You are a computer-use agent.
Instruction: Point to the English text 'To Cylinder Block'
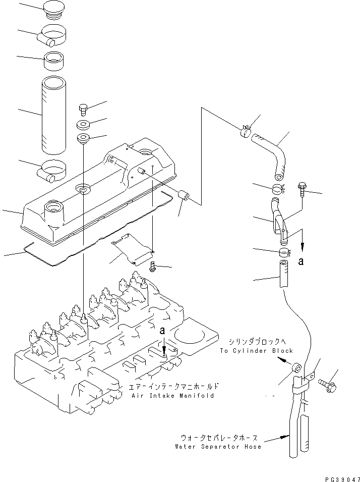(256, 350)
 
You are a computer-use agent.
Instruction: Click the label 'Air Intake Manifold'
(172, 396)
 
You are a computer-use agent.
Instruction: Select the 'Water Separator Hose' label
(218, 447)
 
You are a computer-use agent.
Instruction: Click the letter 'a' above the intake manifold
(162, 331)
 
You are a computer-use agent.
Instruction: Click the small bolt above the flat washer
(83, 109)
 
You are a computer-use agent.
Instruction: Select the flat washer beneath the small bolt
(83, 124)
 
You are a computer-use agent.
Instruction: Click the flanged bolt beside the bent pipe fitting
(302, 189)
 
